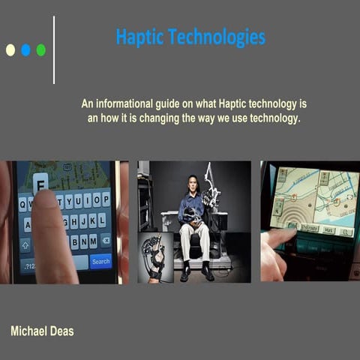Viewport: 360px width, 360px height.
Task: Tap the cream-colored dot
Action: (x=10, y=50)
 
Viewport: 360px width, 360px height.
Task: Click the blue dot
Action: (x=25, y=50)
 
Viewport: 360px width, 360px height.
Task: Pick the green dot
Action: (x=40, y=50)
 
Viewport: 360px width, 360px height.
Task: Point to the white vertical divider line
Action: (x=54, y=49)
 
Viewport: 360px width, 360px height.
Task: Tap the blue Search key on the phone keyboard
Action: (x=100, y=261)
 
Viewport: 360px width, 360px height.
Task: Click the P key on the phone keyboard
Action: (x=106, y=200)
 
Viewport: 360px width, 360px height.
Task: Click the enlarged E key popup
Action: (x=40, y=181)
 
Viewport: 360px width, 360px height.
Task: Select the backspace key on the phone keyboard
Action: (x=105, y=241)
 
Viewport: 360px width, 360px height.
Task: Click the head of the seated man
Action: (x=192, y=183)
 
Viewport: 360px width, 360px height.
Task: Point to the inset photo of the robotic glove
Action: (x=155, y=256)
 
